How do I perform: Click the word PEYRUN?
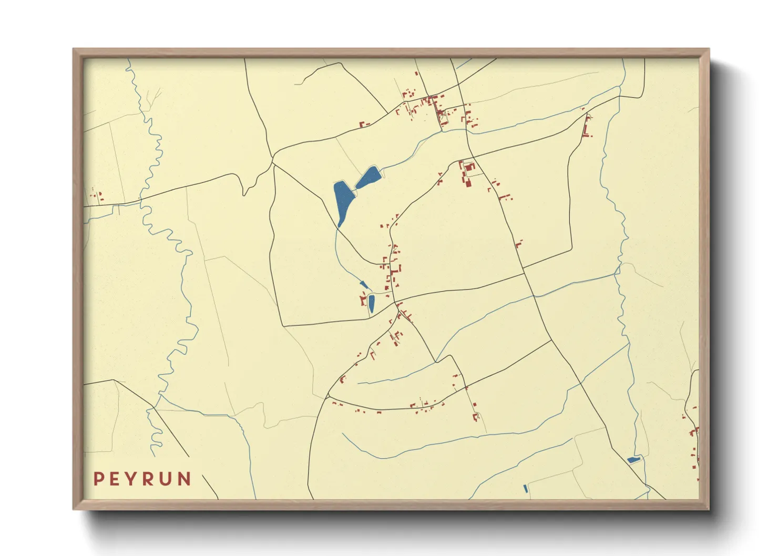[x=142, y=479]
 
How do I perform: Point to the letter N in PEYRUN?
[x=184, y=479]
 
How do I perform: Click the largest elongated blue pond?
[x=343, y=202]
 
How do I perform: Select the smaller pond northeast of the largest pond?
[x=368, y=178]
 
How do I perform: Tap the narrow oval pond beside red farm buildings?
[x=371, y=303]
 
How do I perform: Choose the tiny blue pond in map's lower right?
[x=634, y=460]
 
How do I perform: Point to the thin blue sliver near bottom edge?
[x=526, y=489]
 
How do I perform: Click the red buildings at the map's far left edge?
[x=97, y=197]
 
